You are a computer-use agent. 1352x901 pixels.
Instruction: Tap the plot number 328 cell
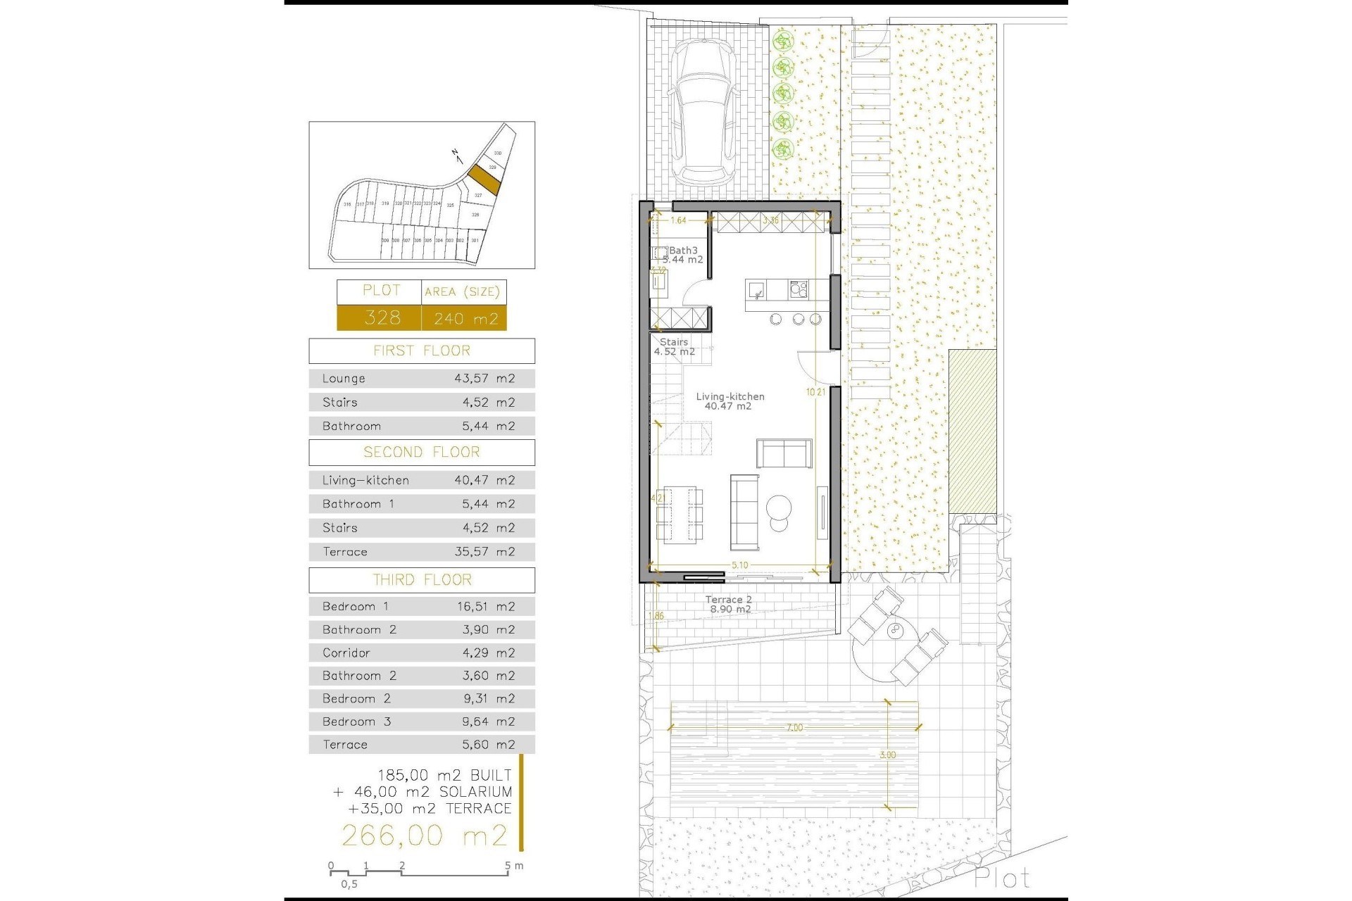click(381, 317)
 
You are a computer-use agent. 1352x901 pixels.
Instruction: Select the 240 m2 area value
click(465, 318)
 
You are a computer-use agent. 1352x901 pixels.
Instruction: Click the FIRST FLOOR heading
click(421, 351)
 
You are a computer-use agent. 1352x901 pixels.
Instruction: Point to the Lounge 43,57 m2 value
click(484, 379)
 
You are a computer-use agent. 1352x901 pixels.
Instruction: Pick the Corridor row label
click(346, 653)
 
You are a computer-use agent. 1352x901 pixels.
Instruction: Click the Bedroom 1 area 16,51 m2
click(484, 606)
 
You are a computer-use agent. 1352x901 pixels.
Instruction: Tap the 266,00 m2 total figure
click(424, 836)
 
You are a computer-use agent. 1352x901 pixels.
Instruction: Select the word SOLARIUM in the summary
click(475, 792)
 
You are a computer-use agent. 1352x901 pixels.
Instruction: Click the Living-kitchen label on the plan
click(730, 397)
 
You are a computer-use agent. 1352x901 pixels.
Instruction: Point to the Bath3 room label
click(682, 251)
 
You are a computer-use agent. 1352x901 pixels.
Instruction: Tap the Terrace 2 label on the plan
click(729, 600)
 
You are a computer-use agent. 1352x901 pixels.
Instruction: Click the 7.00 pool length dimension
click(794, 728)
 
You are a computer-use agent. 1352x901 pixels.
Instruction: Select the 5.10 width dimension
click(739, 565)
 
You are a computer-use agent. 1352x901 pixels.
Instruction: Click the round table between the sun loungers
click(896, 631)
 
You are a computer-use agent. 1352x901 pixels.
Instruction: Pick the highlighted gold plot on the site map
click(484, 179)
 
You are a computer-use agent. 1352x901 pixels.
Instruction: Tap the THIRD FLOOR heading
click(422, 580)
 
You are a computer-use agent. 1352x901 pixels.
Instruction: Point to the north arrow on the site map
click(456, 155)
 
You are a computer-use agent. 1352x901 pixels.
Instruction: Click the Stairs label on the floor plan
click(674, 342)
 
